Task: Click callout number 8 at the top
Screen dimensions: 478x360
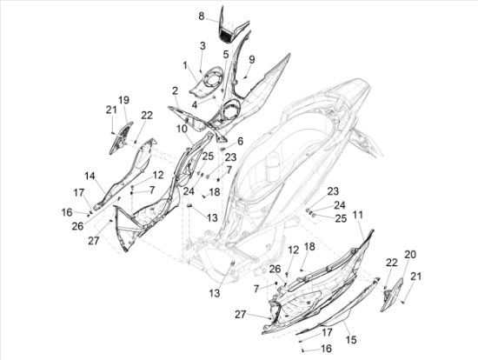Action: pos(202,17)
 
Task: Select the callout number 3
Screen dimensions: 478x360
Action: pos(202,46)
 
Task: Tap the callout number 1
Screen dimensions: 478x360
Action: pos(185,65)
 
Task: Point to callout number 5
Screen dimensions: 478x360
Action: pos(226,55)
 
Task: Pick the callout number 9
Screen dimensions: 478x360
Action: pos(251,59)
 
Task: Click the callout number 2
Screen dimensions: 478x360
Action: pos(175,90)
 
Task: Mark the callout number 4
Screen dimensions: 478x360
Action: pos(195,104)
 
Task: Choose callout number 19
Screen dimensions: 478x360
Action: pos(123,100)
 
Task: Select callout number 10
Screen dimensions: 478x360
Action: pos(182,129)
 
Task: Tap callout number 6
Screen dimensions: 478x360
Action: pos(240,141)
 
